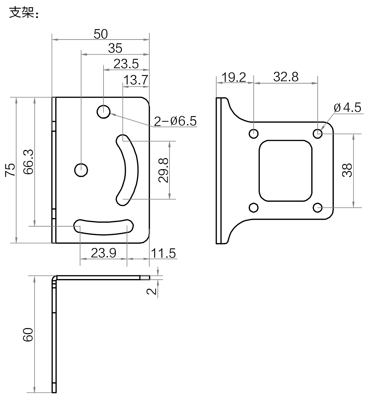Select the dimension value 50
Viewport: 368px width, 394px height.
click(101, 34)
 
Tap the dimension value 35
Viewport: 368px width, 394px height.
click(115, 48)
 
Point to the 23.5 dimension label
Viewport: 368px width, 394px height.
click(126, 64)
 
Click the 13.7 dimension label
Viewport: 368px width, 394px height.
click(135, 80)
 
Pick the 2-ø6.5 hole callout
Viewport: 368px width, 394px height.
click(175, 121)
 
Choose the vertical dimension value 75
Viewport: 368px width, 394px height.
click(10, 170)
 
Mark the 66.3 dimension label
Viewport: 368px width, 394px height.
click(28, 162)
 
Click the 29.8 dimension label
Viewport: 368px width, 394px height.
click(163, 170)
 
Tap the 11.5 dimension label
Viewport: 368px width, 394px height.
click(163, 253)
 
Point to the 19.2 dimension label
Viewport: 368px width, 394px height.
click(234, 77)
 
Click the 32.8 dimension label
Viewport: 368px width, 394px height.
click(286, 77)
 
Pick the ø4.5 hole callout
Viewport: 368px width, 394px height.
click(347, 108)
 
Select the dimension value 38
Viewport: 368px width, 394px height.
click(347, 170)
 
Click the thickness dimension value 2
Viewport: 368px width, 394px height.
click(151, 291)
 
